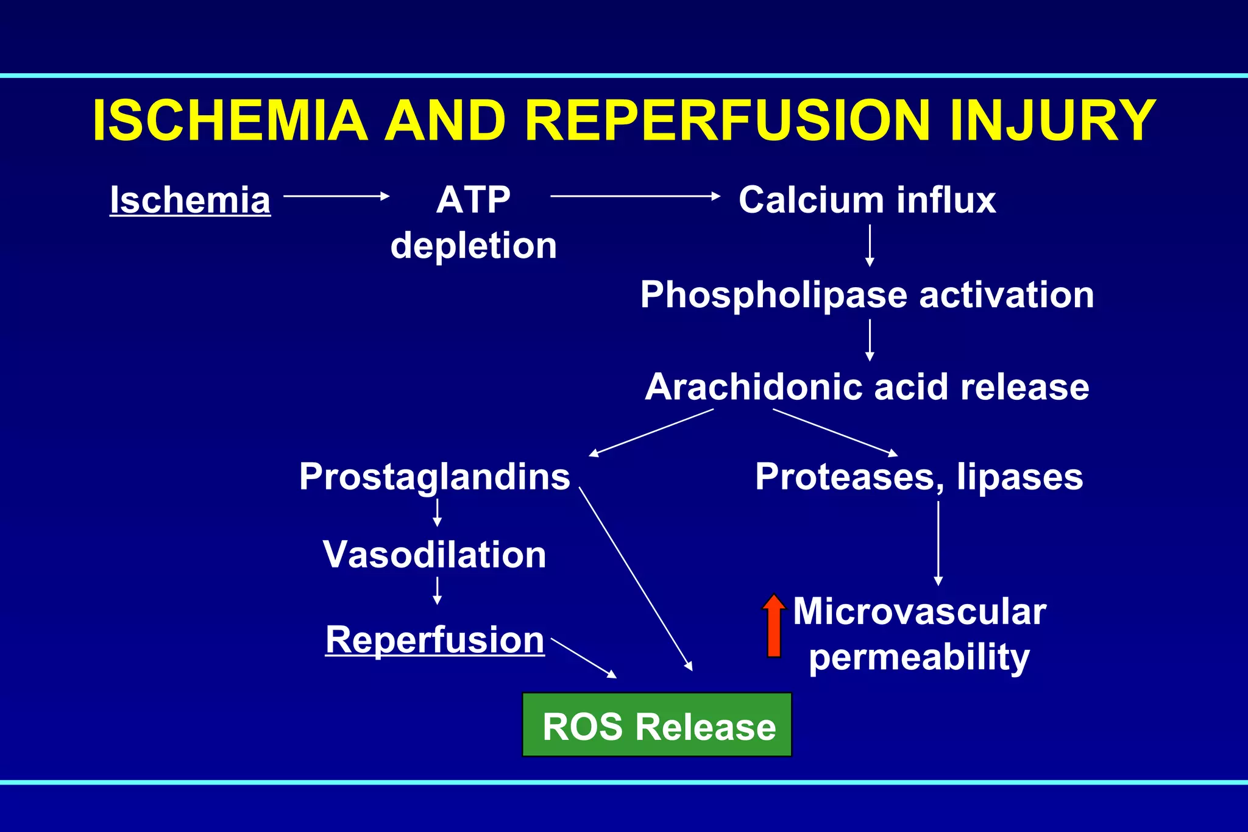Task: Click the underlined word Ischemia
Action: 190,201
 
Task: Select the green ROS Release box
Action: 657,725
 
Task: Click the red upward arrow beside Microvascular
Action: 774,626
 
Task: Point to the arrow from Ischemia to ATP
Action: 336,196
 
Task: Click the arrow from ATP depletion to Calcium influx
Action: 635,196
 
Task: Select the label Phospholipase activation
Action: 867,296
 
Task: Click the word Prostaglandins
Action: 434,477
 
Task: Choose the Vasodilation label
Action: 434,555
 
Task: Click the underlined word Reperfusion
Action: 434,640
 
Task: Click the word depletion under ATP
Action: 473,246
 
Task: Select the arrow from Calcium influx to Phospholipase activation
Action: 870,246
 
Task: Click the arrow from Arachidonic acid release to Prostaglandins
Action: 651,432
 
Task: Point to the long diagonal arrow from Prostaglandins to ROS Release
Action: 636,579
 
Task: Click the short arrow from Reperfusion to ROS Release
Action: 583,658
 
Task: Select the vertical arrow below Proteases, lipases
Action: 938,542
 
